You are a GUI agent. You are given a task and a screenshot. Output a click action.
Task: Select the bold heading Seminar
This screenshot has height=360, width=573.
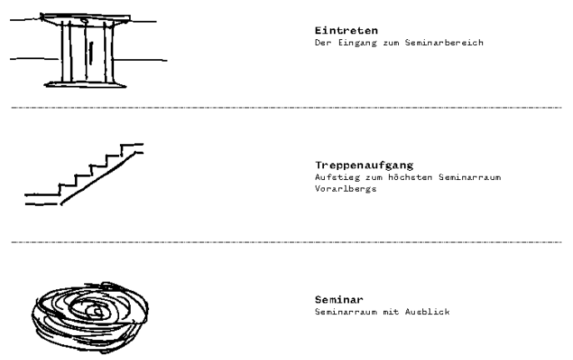pyautogui.click(x=333, y=298)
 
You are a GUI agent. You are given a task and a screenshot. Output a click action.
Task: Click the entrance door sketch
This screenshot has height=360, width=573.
pyautogui.click(x=85, y=52)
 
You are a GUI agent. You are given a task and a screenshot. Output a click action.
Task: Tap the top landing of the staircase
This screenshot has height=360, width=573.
pyautogui.click(x=132, y=147)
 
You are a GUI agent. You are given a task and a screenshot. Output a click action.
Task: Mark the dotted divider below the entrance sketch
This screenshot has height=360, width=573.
pyautogui.click(x=286, y=108)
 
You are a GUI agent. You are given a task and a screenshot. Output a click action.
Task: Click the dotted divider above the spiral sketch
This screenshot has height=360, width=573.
pyautogui.click(x=286, y=242)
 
